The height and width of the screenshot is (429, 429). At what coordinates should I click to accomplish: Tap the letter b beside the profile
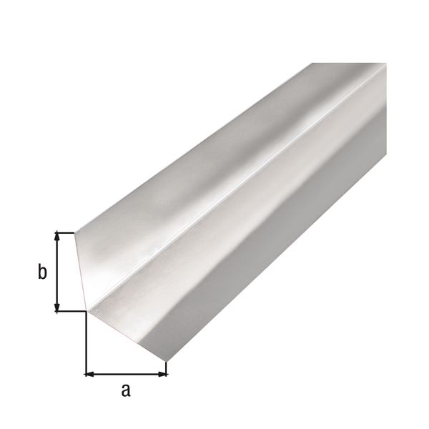pos(42,272)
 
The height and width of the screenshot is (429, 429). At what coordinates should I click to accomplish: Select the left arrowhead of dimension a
pos(90,373)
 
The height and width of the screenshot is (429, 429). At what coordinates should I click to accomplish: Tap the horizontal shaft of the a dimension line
pos(126,373)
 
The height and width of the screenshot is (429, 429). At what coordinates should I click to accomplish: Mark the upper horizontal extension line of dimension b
pos(66,232)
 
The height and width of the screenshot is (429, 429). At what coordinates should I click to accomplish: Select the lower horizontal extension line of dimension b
pos(71,311)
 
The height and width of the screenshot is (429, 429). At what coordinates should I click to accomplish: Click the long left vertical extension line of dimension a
pos(86,343)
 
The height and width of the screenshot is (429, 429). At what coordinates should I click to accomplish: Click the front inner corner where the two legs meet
pos(88,310)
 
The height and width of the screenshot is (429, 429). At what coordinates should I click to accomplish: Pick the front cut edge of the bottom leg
pos(127,335)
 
